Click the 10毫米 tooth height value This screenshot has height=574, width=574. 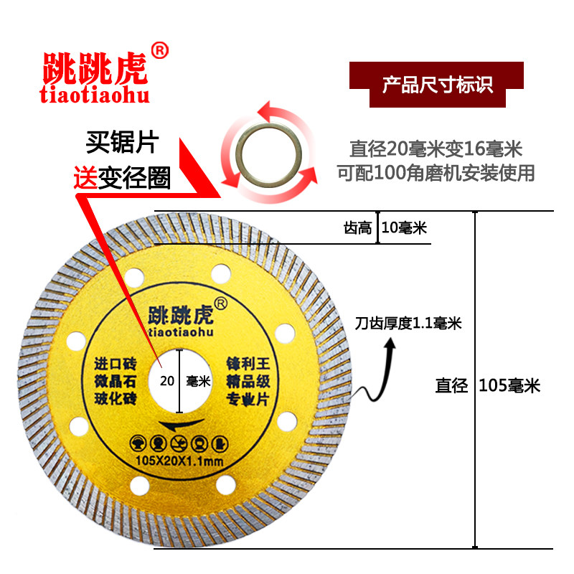pos(404,228)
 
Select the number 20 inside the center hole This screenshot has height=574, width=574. pos(168,381)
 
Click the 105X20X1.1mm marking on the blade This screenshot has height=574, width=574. pos(180,458)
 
